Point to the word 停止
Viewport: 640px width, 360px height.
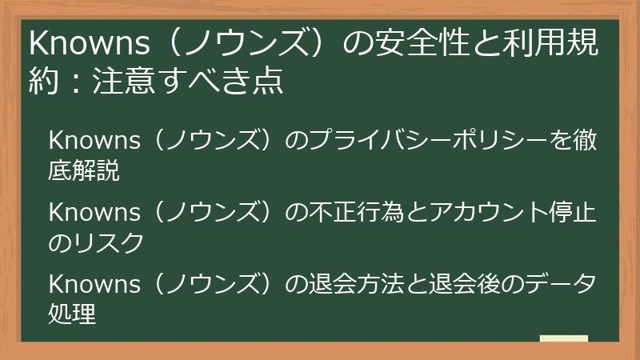tap(574, 214)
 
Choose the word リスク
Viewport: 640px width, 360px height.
tap(109, 242)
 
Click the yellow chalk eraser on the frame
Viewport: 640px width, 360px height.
tap(563, 339)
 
